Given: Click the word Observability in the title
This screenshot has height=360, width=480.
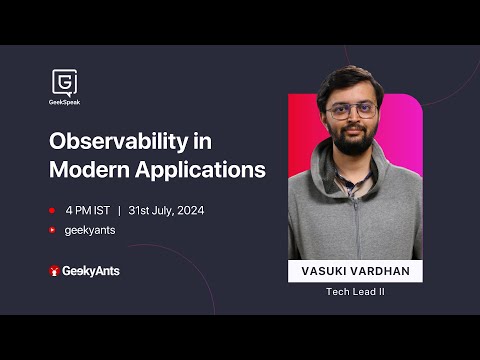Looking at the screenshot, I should [118, 142].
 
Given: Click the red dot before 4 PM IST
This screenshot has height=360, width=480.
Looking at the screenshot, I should [52, 211].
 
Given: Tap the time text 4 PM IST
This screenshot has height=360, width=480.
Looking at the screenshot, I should [87, 211].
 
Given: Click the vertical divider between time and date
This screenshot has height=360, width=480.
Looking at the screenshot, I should [119, 211].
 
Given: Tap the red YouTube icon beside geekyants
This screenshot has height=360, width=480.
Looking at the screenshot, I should [52, 230].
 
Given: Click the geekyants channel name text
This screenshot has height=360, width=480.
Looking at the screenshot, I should [88, 230].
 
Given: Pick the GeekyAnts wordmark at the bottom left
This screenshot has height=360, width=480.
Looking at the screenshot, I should [91, 271].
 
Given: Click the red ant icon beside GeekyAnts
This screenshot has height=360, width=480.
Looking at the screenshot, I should [54, 271].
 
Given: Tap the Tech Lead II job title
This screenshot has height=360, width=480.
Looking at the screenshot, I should [355, 292].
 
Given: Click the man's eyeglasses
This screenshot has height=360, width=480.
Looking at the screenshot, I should [351, 110].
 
